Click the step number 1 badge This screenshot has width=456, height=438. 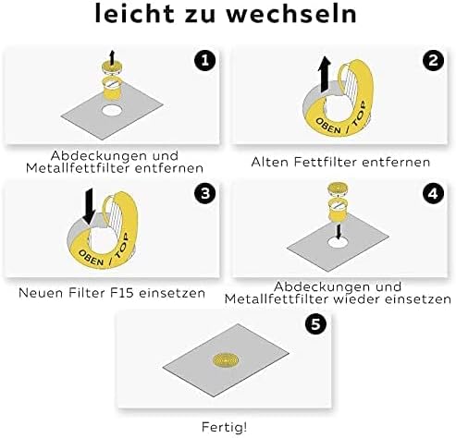pos(204,60)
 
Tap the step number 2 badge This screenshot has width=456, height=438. pos(433,60)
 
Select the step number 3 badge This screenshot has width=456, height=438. pos(204,193)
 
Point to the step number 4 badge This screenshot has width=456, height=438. pos(433,193)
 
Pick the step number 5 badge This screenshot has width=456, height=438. pos(315,324)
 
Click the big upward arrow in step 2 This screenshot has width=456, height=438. pos(324,74)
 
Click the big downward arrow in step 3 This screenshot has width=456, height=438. pos(90,206)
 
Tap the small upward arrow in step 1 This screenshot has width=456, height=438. pos(112,57)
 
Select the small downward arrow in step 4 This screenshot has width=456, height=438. pos(339,232)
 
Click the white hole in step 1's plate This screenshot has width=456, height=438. pos(112,110)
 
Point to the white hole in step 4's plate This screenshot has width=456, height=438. pos(338,242)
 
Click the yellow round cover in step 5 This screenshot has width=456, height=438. pos(226,360)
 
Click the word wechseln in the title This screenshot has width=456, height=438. pos(291,14)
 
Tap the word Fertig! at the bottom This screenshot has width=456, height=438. pos(225,427)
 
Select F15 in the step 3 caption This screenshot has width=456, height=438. pos(122,293)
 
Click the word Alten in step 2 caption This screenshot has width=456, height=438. pos(270,162)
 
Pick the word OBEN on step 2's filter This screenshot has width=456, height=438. pos(328,126)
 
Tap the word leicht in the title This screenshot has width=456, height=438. pos(135,14)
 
